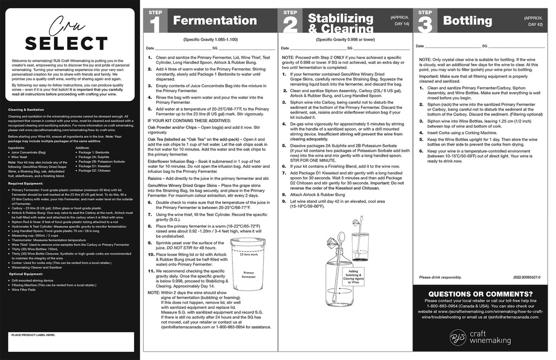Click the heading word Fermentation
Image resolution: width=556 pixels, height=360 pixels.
pyautogui.click(x=215, y=21)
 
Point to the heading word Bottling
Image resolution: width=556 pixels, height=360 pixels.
pyautogui.click(x=467, y=21)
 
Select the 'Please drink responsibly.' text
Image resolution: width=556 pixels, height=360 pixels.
pyautogui.click(x=440, y=277)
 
